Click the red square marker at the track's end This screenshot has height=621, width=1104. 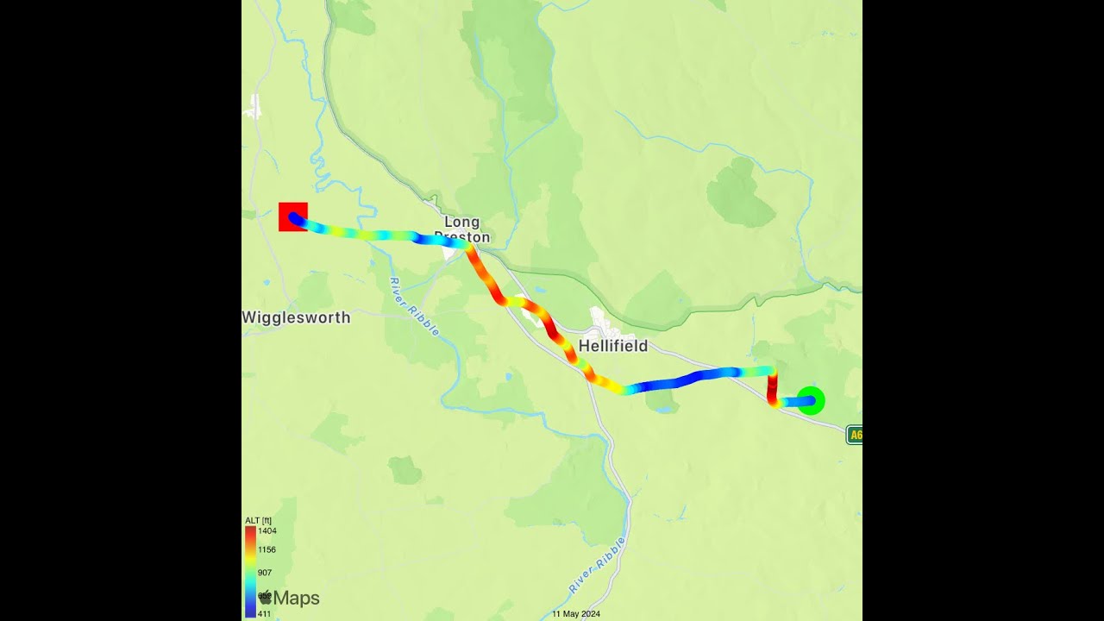click(x=292, y=216)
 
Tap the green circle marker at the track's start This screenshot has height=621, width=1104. click(x=811, y=400)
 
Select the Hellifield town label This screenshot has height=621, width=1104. click(x=613, y=346)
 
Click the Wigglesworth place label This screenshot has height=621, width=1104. click(x=296, y=317)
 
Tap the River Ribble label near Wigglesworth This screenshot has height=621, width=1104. click(x=414, y=307)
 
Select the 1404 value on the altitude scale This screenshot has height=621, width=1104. click(x=267, y=531)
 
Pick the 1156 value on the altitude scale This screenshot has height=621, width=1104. click(x=267, y=549)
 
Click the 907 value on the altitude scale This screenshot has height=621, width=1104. click(x=265, y=573)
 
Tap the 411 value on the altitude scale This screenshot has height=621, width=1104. click(x=265, y=614)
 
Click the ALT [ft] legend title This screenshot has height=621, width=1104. click(x=258, y=520)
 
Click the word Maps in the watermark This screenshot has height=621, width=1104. click(x=297, y=598)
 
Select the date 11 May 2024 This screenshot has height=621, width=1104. click(x=576, y=614)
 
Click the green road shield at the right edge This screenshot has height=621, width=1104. click(x=855, y=435)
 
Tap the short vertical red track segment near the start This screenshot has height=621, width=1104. click(x=773, y=386)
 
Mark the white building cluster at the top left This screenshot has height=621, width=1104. click(x=253, y=108)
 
